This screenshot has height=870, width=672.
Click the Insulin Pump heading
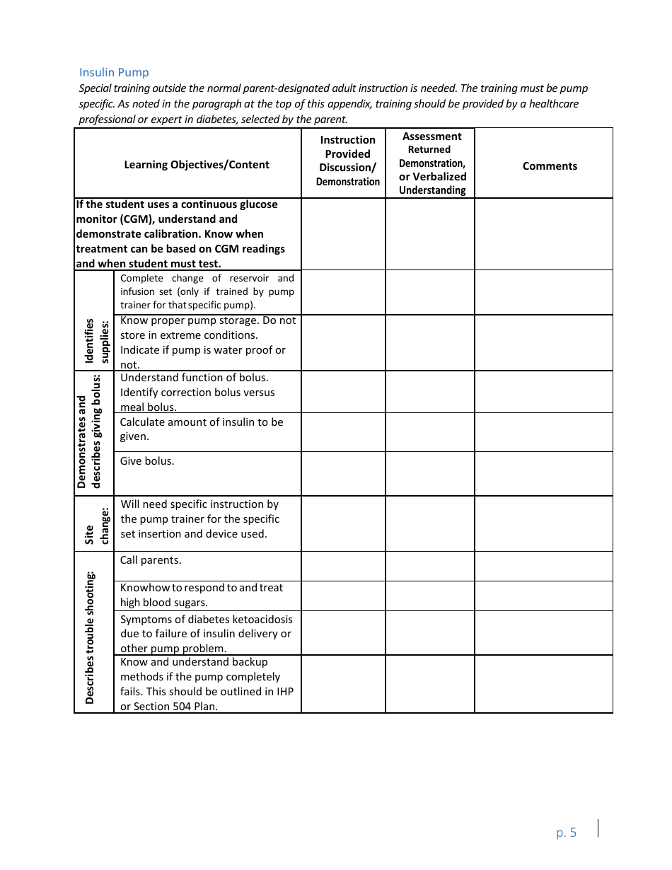click(114, 72)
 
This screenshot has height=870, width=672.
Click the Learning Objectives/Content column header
click(197, 165)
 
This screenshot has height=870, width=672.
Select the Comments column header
click(550, 166)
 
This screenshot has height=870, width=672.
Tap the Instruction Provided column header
click(347, 161)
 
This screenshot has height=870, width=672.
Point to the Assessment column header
click(431, 163)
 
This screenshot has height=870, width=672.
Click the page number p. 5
click(566, 833)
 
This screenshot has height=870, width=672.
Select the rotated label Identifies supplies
click(95, 341)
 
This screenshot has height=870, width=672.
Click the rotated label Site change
click(95, 525)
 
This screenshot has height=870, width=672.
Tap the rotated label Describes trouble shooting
click(90, 637)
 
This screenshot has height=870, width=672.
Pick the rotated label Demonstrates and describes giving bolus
click(90, 433)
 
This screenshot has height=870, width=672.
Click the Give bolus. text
click(147, 461)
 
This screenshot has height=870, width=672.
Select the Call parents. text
click(151, 560)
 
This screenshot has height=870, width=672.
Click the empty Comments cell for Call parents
click(543, 567)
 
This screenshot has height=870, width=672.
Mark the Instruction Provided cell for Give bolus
click(343, 473)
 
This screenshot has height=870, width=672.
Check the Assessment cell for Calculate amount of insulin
click(429, 432)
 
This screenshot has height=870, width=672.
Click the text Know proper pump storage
click(188, 320)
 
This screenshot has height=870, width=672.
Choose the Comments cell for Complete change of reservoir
click(543, 292)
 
